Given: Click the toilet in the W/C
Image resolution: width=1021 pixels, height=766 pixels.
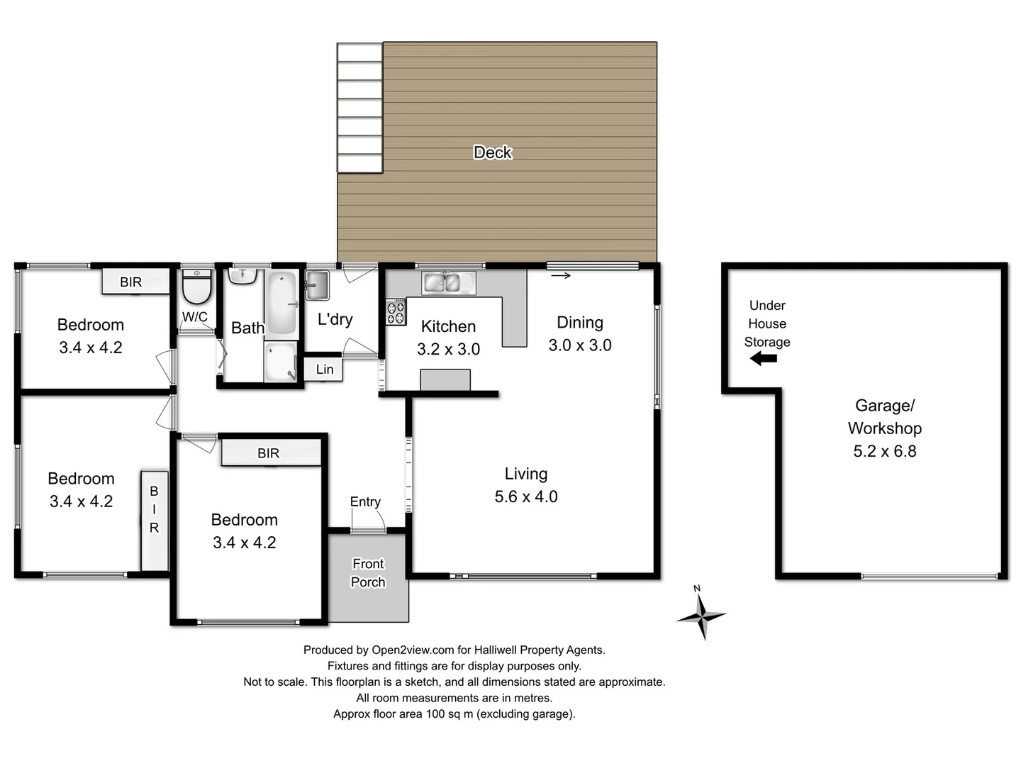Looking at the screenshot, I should [196, 287].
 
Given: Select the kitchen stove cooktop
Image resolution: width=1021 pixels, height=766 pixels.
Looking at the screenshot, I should [396, 312].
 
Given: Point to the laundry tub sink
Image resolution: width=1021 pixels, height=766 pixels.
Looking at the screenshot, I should [317, 285].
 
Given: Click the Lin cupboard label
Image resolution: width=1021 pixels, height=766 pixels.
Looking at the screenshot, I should [324, 370].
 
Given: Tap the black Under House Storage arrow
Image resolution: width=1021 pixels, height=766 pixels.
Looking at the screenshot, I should [764, 359].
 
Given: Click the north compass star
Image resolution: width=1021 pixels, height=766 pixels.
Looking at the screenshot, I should [701, 614].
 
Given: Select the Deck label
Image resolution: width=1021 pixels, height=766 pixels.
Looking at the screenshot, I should [492, 152].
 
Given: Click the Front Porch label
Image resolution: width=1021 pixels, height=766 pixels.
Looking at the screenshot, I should [368, 573].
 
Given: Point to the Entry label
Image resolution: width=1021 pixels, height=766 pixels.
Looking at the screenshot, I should [365, 502].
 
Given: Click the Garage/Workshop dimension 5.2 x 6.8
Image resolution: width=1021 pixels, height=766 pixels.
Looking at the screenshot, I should [884, 452].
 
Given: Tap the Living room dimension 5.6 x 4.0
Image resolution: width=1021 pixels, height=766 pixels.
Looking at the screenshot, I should [525, 497].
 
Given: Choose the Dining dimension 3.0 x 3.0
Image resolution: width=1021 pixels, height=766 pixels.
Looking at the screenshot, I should [579, 345].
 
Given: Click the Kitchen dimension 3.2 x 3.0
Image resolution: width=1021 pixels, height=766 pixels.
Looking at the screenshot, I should [448, 350].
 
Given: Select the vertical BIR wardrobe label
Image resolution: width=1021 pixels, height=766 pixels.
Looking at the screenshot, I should [154, 509].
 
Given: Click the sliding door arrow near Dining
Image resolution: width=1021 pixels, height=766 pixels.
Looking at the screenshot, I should [561, 276].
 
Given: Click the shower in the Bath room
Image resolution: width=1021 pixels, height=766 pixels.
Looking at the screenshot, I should [281, 362].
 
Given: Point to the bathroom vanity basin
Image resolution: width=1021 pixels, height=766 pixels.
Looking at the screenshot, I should [242, 275].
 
